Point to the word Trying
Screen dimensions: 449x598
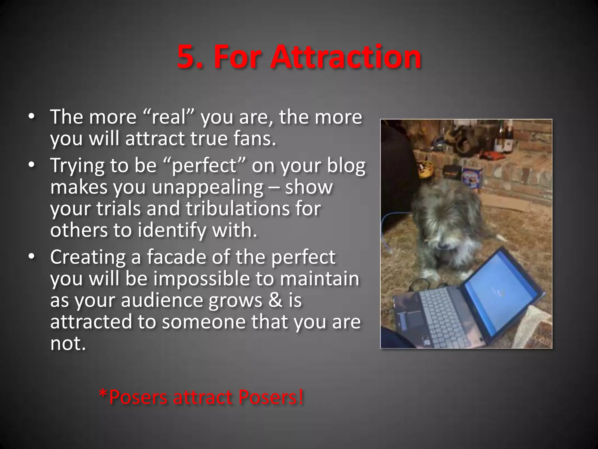point(77,166)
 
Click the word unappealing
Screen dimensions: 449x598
point(208,187)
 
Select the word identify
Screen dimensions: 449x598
point(172,230)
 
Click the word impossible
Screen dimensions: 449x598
point(201,279)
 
